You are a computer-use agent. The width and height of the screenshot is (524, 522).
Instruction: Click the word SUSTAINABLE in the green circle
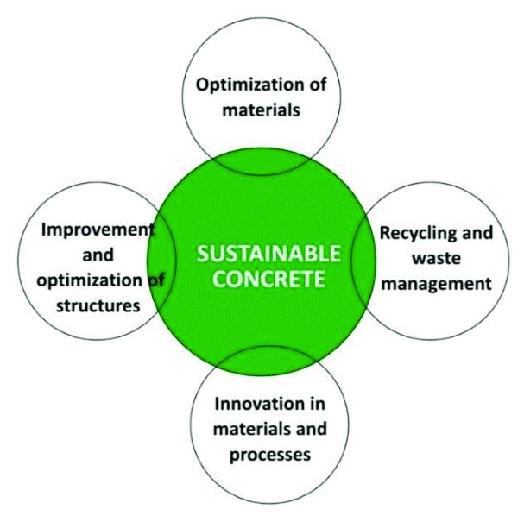point(268,253)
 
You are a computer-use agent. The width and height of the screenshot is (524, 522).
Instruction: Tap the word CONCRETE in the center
point(269,279)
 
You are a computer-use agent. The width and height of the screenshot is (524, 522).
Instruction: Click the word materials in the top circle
point(261,110)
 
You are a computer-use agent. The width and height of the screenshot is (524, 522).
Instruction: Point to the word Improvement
point(98,230)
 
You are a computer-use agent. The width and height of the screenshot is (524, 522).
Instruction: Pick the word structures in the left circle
point(98,305)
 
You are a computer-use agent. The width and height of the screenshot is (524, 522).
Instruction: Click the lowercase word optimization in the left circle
point(90,281)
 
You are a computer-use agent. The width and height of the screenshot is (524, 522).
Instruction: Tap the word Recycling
point(418,234)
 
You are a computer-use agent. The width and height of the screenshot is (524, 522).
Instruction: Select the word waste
point(436,258)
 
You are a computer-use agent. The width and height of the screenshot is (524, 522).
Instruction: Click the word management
point(437,285)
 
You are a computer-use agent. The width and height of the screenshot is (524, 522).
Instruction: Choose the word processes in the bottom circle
point(270,456)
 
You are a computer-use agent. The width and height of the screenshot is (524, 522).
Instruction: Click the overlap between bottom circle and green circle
point(267,361)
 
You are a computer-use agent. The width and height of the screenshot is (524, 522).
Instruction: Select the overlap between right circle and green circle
point(363,261)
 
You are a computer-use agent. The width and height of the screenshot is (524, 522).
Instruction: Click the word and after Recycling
point(477,233)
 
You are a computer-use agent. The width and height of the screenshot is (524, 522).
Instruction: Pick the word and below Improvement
point(98,255)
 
